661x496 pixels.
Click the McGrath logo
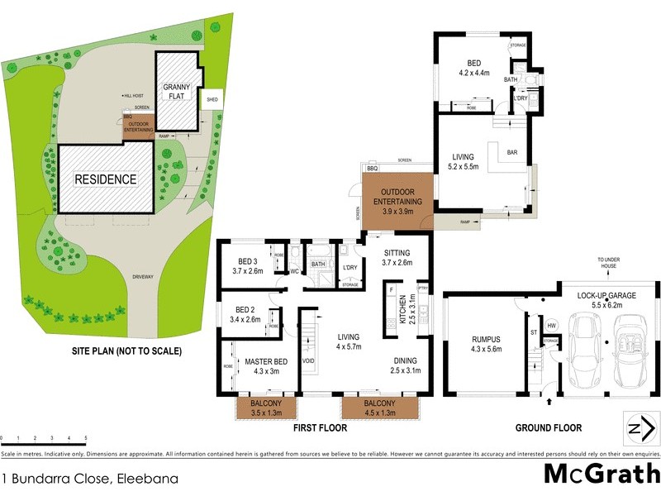click(601, 474)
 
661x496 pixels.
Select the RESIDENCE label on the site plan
click(106, 179)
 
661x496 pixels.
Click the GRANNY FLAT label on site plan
click(178, 92)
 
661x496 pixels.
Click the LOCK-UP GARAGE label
click(607, 299)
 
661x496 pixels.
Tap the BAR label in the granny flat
click(511, 152)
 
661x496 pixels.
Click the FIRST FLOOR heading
click(321, 428)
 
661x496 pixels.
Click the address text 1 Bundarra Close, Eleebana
click(78, 478)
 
